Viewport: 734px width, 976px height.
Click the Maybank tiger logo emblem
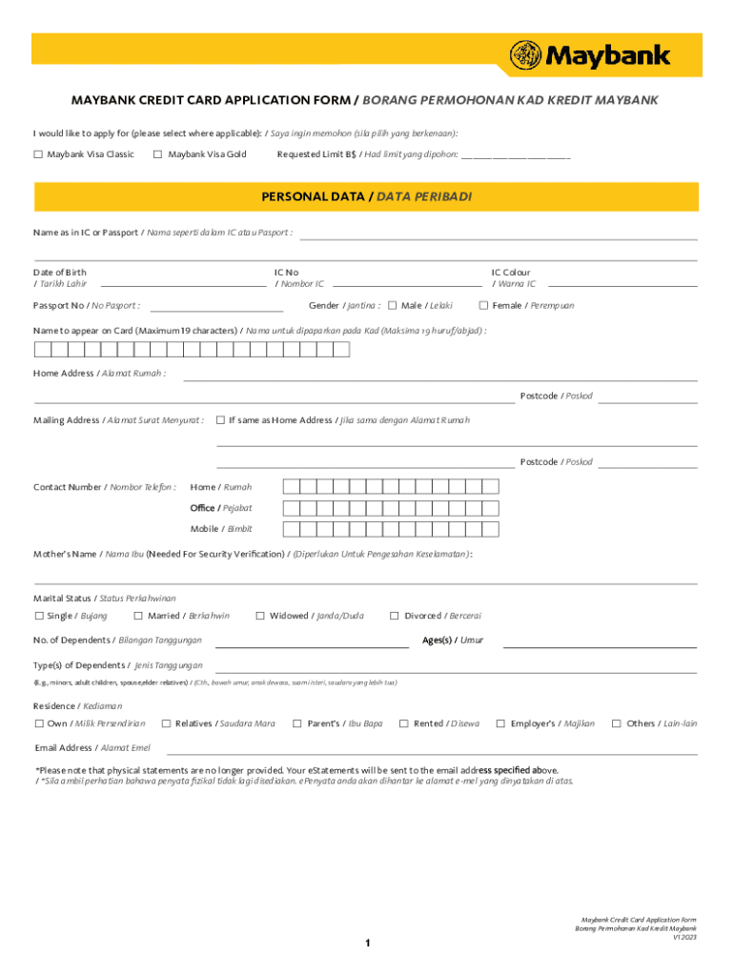coord(526,55)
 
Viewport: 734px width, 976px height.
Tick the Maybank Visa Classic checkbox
coord(38,154)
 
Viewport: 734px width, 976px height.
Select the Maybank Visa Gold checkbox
coord(157,154)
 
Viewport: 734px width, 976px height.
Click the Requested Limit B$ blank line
coord(516,155)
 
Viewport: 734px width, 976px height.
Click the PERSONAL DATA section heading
coord(366,196)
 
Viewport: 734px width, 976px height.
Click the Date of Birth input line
coord(183,283)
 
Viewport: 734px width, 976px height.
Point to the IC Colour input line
coord(622,283)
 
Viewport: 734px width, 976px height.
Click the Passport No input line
coord(216,308)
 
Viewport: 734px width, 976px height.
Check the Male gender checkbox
coord(393,306)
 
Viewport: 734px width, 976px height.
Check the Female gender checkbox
coord(483,306)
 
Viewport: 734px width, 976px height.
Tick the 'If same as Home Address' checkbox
coord(221,420)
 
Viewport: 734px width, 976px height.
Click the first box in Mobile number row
coord(292,529)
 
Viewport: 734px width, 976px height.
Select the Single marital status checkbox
coord(39,616)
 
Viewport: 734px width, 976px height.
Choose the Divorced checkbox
coord(396,616)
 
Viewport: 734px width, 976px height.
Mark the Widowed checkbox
coord(260,616)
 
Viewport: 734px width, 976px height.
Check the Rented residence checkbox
coord(404,724)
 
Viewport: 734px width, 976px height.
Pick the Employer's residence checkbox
coord(500,724)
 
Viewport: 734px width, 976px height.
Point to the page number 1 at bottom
coord(366,944)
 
